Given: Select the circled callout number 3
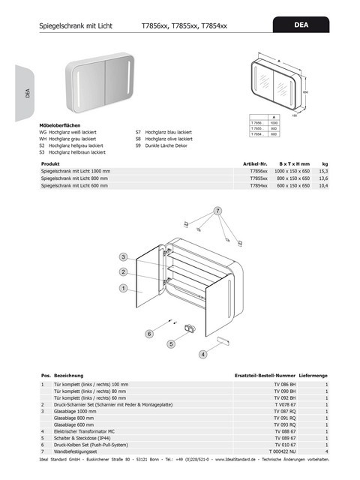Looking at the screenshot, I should pyautogui.click(x=122, y=257).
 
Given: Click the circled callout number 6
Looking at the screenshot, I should pyautogui.click(x=149, y=333).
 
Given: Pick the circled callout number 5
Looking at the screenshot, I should pyautogui.click(x=171, y=343).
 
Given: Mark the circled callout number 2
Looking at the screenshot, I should pyautogui.click(x=122, y=272).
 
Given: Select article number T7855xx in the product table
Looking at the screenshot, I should pyautogui.click(x=257, y=178).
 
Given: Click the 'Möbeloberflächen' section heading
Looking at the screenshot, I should pyautogui.click(x=59, y=125).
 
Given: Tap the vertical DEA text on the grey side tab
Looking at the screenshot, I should pyautogui.click(x=26, y=93).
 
